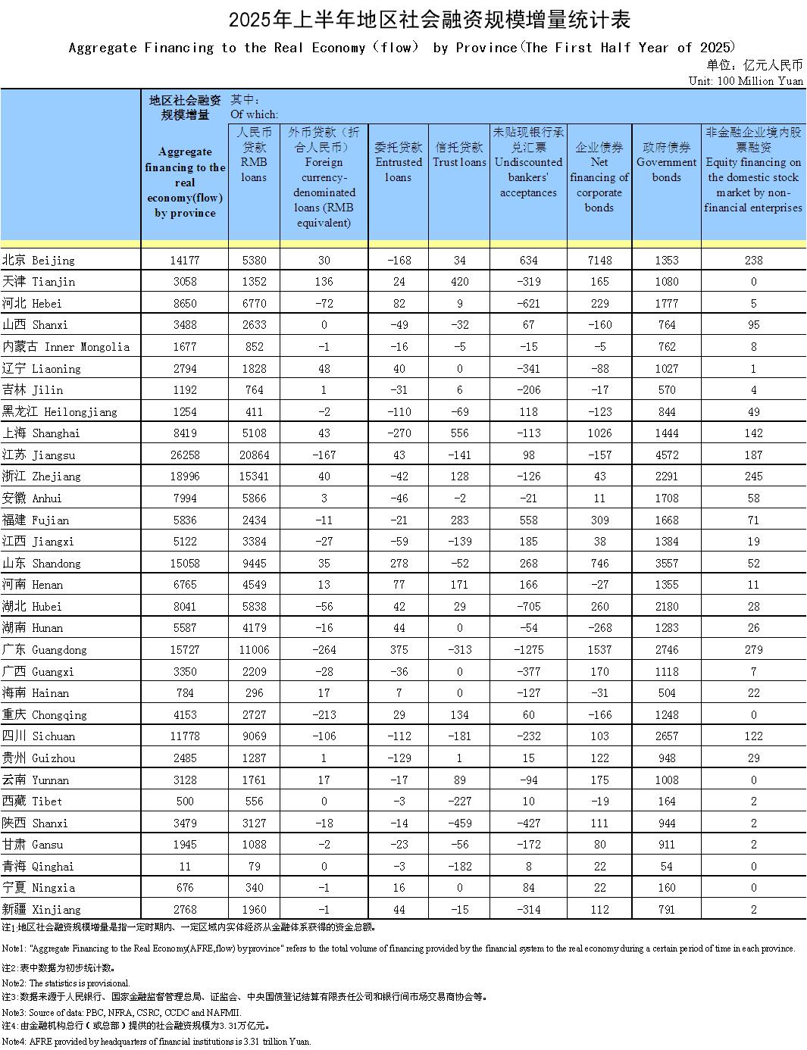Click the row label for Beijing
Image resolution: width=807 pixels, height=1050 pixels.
click(x=39, y=260)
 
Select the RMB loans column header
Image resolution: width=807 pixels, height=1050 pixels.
click(x=254, y=155)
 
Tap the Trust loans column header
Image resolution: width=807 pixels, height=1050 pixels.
click(x=459, y=155)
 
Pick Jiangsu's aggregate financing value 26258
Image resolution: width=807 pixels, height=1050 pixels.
click(x=184, y=455)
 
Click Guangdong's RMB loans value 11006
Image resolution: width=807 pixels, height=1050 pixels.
click(x=254, y=649)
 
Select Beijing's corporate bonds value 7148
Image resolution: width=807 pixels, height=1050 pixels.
click(x=599, y=260)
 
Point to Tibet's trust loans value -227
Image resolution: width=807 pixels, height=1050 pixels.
click(x=459, y=801)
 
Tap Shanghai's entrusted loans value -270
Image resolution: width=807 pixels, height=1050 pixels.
click(x=399, y=433)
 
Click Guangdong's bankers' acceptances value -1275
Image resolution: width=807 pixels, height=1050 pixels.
click(x=528, y=649)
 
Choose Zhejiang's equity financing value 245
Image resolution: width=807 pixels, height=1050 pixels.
click(x=753, y=477)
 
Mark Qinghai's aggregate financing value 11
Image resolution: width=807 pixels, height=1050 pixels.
click(x=184, y=866)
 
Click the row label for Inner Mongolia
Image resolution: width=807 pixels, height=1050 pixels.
click(x=66, y=347)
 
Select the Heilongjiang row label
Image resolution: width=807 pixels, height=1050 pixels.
click(x=60, y=411)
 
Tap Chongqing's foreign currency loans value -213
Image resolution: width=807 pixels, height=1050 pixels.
click(x=324, y=714)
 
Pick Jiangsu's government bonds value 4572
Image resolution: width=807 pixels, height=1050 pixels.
click(x=666, y=455)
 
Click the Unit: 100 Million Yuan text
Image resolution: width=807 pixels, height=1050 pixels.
click(x=746, y=80)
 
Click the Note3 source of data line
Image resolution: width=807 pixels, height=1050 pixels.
click(x=121, y=1012)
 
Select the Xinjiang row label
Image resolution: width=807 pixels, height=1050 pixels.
click(x=42, y=909)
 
